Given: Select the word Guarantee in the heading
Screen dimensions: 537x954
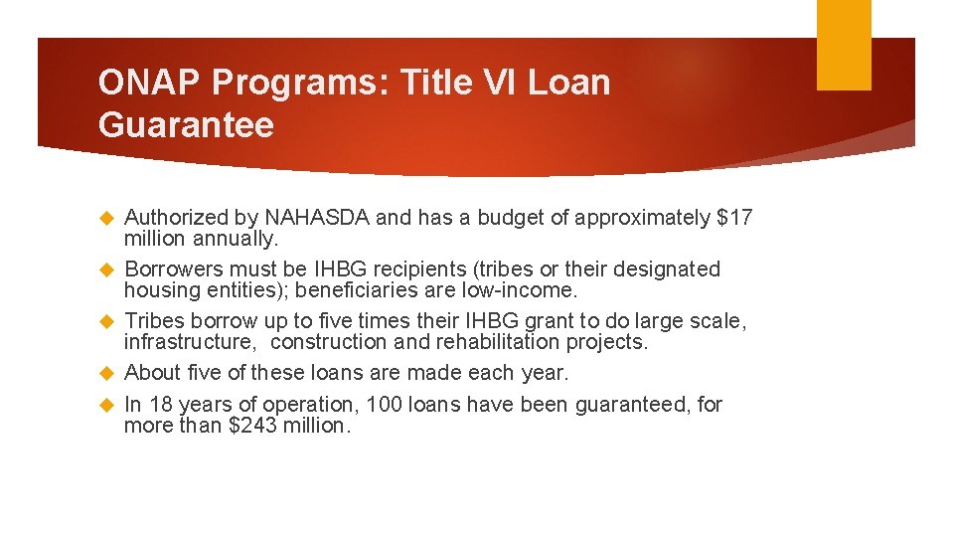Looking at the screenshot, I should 186,125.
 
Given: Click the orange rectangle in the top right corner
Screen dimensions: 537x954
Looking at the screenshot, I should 843,45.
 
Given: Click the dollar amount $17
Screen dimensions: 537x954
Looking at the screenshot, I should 734,218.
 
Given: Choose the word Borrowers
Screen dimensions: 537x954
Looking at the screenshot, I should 175,269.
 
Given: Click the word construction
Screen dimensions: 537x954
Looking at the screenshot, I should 328,342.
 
